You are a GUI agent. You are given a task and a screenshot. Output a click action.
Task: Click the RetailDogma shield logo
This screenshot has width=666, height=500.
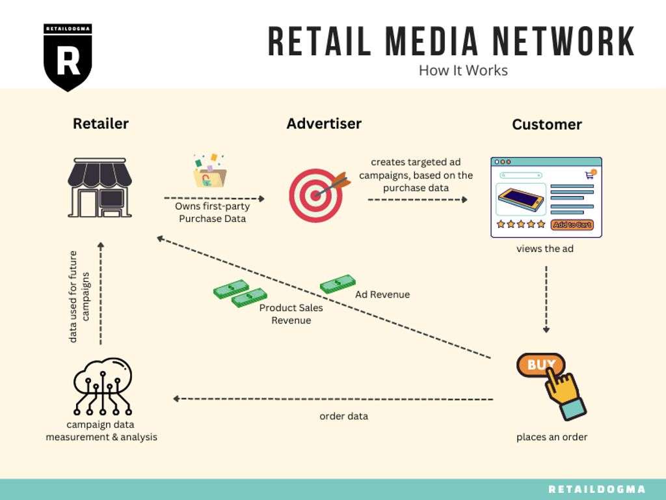pyautogui.click(x=68, y=57)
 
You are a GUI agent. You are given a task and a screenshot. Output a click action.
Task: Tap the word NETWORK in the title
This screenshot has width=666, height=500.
pyautogui.click(x=563, y=41)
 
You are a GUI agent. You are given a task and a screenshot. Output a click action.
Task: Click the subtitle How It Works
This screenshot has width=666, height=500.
pyautogui.click(x=463, y=70)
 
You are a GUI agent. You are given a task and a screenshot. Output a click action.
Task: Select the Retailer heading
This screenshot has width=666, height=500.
pyautogui.click(x=101, y=123)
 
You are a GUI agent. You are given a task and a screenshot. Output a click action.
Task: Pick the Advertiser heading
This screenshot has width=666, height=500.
pyautogui.click(x=324, y=123)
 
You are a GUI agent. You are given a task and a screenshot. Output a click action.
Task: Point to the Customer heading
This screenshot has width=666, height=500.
pyautogui.click(x=546, y=124)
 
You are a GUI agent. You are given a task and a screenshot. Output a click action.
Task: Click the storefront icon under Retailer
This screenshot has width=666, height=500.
pyautogui.click(x=100, y=187)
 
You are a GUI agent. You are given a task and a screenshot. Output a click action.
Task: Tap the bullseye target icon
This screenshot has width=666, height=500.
pyautogui.click(x=319, y=195)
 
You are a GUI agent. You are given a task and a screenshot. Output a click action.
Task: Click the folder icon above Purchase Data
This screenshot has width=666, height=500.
pyautogui.click(x=210, y=171)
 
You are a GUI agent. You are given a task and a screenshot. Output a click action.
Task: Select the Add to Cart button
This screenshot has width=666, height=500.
pyautogui.click(x=572, y=225)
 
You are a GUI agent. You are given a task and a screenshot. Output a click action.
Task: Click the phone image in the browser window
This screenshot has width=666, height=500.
pyautogui.click(x=521, y=199)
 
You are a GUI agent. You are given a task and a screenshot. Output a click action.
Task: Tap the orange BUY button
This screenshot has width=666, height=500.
pyautogui.click(x=540, y=365)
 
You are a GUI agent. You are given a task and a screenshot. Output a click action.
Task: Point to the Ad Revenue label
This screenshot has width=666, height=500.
pyautogui.click(x=382, y=294)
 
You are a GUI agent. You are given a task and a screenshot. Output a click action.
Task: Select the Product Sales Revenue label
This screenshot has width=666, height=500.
pyautogui.click(x=291, y=314)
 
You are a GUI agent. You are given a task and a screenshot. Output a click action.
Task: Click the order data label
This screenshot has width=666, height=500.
pyautogui.click(x=343, y=416)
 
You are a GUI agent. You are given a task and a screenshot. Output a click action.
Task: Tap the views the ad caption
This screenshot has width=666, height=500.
pyautogui.click(x=545, y=249)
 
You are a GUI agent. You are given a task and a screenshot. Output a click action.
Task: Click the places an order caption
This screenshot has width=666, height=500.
pyautogui.click(x=552, y=437)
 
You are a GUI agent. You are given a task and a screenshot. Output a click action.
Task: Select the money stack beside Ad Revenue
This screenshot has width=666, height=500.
pyautogui.click(x=338, y=284)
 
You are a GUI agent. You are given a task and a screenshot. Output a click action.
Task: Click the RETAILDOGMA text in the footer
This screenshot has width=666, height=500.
pyautogui.click(x=597, y=490)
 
